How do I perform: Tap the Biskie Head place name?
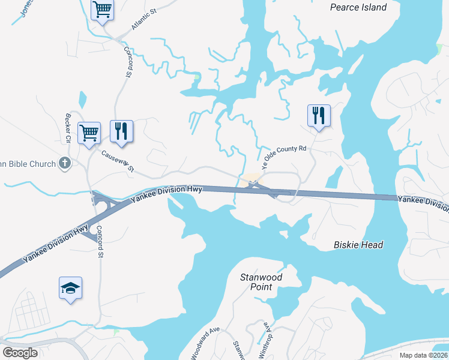click(358, 245)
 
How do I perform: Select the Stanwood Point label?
click(261, 282)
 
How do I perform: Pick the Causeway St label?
click(118, 161)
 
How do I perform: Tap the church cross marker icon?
click(65, 163)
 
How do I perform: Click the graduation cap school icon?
click(70, 289)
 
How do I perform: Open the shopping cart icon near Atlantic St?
click(102, 10)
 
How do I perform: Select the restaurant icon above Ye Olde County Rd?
click(318, 115)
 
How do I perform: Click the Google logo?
click(20, 352)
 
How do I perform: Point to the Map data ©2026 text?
click(423, 355)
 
